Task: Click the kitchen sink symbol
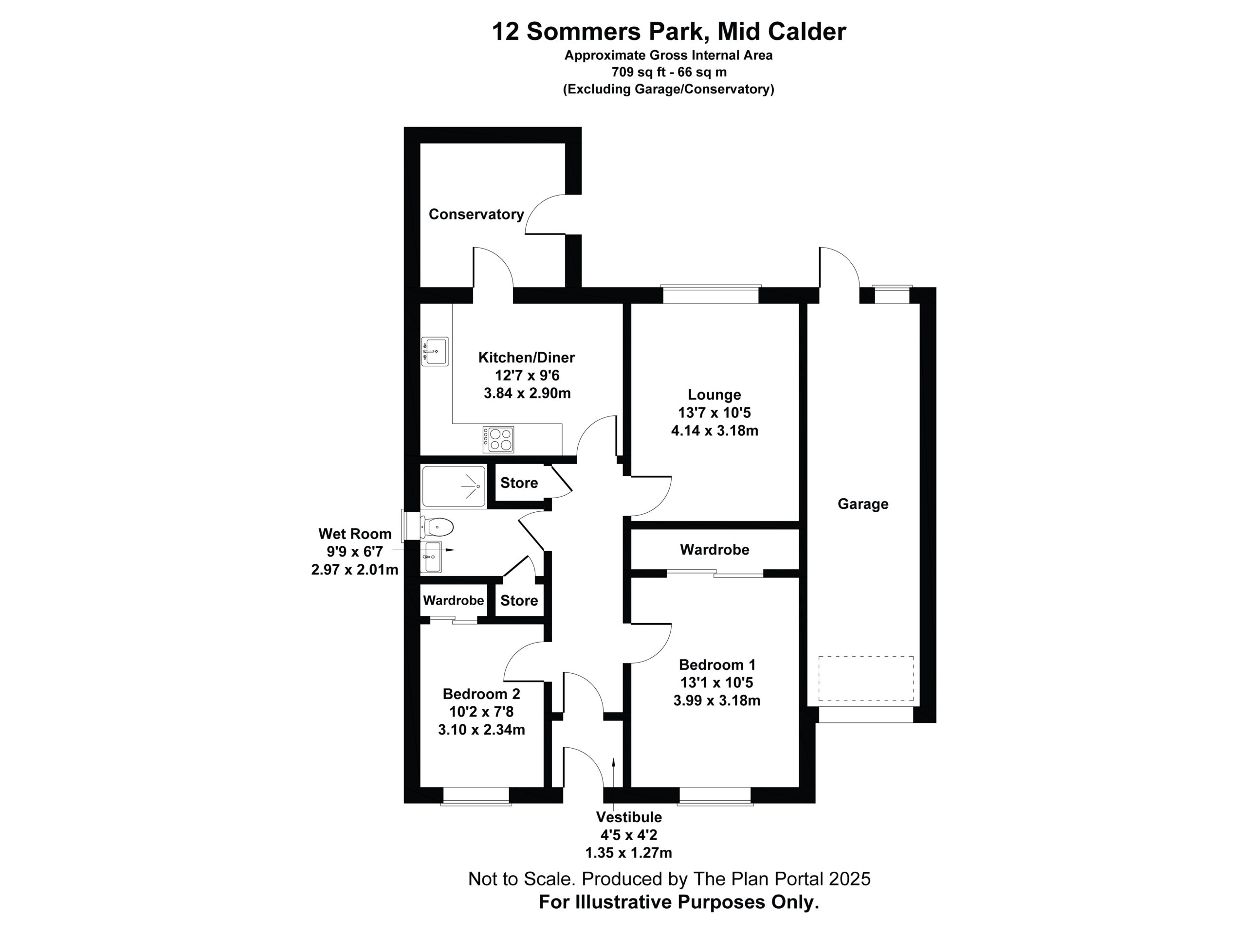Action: [x=434, y=351]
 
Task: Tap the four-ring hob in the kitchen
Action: [x=498, y=439]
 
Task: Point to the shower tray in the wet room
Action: [x=454, y=486]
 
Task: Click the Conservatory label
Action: [x=476, y=214]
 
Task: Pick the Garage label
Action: [x=862, y=504]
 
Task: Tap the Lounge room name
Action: [x=714, y=395]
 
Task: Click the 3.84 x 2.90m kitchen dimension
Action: [x=527, y=394]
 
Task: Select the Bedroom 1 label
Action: [x=716, y=665]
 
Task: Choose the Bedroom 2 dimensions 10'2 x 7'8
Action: [x=481, y=712]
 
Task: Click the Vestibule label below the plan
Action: [x=629, y=817]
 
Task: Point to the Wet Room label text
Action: [x=354, y=534]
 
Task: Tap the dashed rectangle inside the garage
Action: [x=865, y=679]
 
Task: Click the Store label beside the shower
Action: [x=519, y=483]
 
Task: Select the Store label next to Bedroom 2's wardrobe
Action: [x=519, y=601]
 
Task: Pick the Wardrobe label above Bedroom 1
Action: [x=714, y=550]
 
